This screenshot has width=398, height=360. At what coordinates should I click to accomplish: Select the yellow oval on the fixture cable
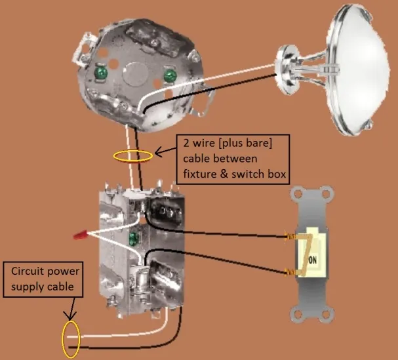tap(133, 156)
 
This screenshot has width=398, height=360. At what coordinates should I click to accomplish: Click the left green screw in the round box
tap(102, 71)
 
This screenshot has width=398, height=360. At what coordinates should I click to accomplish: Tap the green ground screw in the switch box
tap(136, 237)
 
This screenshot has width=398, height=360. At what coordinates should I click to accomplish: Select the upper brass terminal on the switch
tap(290, 237)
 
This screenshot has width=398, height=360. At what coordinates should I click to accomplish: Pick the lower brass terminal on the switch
tap(290, 271)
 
